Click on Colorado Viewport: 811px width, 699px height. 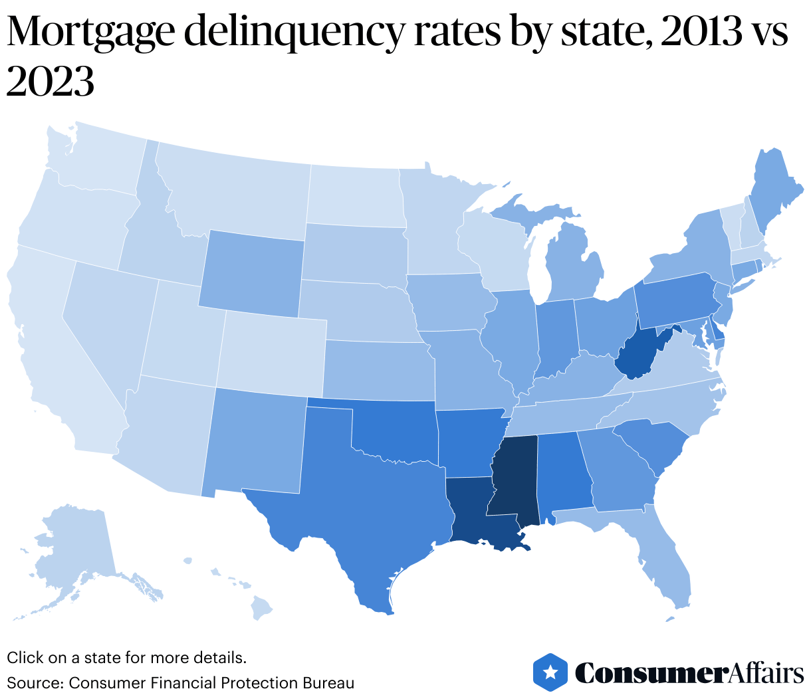coord(271,352)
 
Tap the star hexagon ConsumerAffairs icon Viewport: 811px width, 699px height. coord(550,672)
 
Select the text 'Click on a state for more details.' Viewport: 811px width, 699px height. coord(126,658)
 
